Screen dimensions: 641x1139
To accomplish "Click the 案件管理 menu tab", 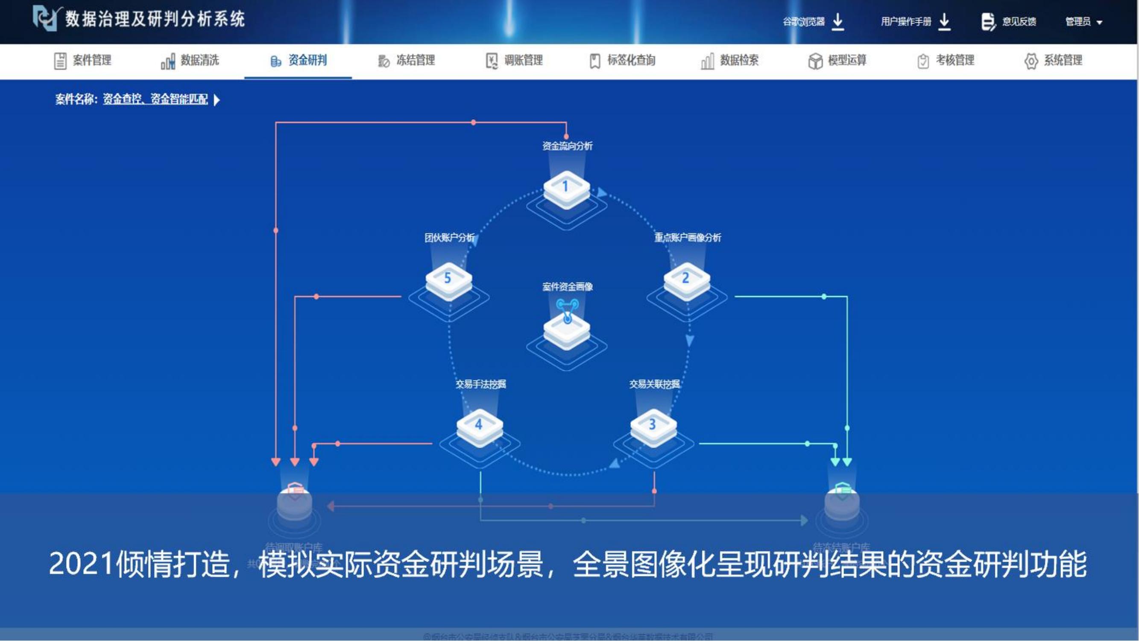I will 83,61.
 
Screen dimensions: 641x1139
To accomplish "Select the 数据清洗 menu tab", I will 190,61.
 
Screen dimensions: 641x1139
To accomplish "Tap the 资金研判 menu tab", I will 299,61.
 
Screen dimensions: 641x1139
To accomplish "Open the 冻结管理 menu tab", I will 406,61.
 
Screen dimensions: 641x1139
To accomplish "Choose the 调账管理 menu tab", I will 514,61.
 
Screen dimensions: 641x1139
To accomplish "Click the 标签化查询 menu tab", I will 623,61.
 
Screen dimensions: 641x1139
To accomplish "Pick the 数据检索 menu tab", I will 730,61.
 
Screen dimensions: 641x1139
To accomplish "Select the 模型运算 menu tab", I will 837,61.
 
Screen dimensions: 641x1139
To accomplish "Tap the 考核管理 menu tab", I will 946,61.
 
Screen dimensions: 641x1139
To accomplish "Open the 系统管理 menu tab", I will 1054,61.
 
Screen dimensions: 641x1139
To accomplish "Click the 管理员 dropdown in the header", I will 1084,22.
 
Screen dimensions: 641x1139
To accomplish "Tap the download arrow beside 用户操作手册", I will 944,21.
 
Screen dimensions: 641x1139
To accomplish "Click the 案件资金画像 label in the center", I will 567,287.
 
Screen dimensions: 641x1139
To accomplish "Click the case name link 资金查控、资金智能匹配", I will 155,99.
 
